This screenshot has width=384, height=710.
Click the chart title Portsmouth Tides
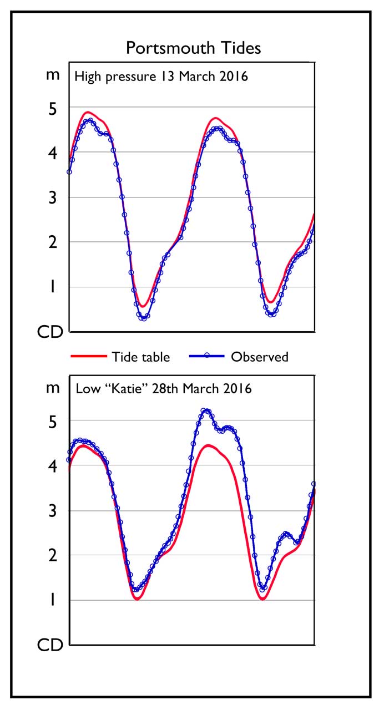pyautogui.click(x=193, y=48)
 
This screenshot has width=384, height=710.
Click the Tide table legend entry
pyautogui.click(x=140, y=357)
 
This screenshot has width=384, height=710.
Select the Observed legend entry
pyautogui.click(x=260, y=357)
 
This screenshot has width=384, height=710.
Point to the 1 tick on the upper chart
pyautogui.click(x=52, y=287)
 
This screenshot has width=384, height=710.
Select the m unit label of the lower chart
pyautogui.click(x=52, y=388)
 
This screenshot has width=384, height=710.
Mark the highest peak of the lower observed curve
pyautogui.click(x=206, y=410)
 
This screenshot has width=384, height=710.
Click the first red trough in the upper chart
pyautogui.click(x=143, y=306)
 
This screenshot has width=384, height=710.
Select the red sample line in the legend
pyautogui.click(x=88, y=357)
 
